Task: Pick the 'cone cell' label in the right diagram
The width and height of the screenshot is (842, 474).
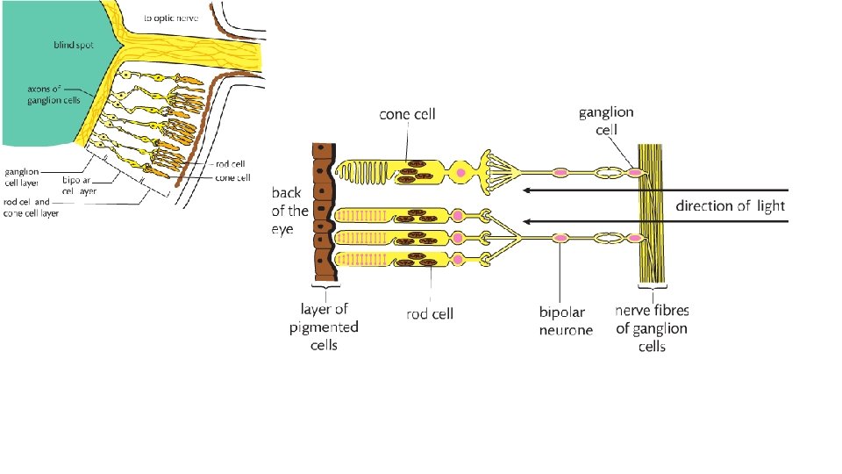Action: [407, 114]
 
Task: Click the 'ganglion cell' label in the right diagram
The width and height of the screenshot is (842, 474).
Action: [606, 120]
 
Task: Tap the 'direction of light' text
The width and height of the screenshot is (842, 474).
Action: [730, 205]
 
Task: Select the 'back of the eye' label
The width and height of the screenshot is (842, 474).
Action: [289, 211]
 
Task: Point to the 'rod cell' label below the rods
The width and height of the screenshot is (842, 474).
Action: [429, 313]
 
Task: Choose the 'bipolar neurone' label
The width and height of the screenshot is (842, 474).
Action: [566, 320]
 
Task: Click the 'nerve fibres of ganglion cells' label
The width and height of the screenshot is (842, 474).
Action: [652, 328]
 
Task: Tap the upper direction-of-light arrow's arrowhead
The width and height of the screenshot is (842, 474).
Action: [526, 190]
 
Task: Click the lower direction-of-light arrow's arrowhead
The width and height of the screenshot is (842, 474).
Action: [526, 221]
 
